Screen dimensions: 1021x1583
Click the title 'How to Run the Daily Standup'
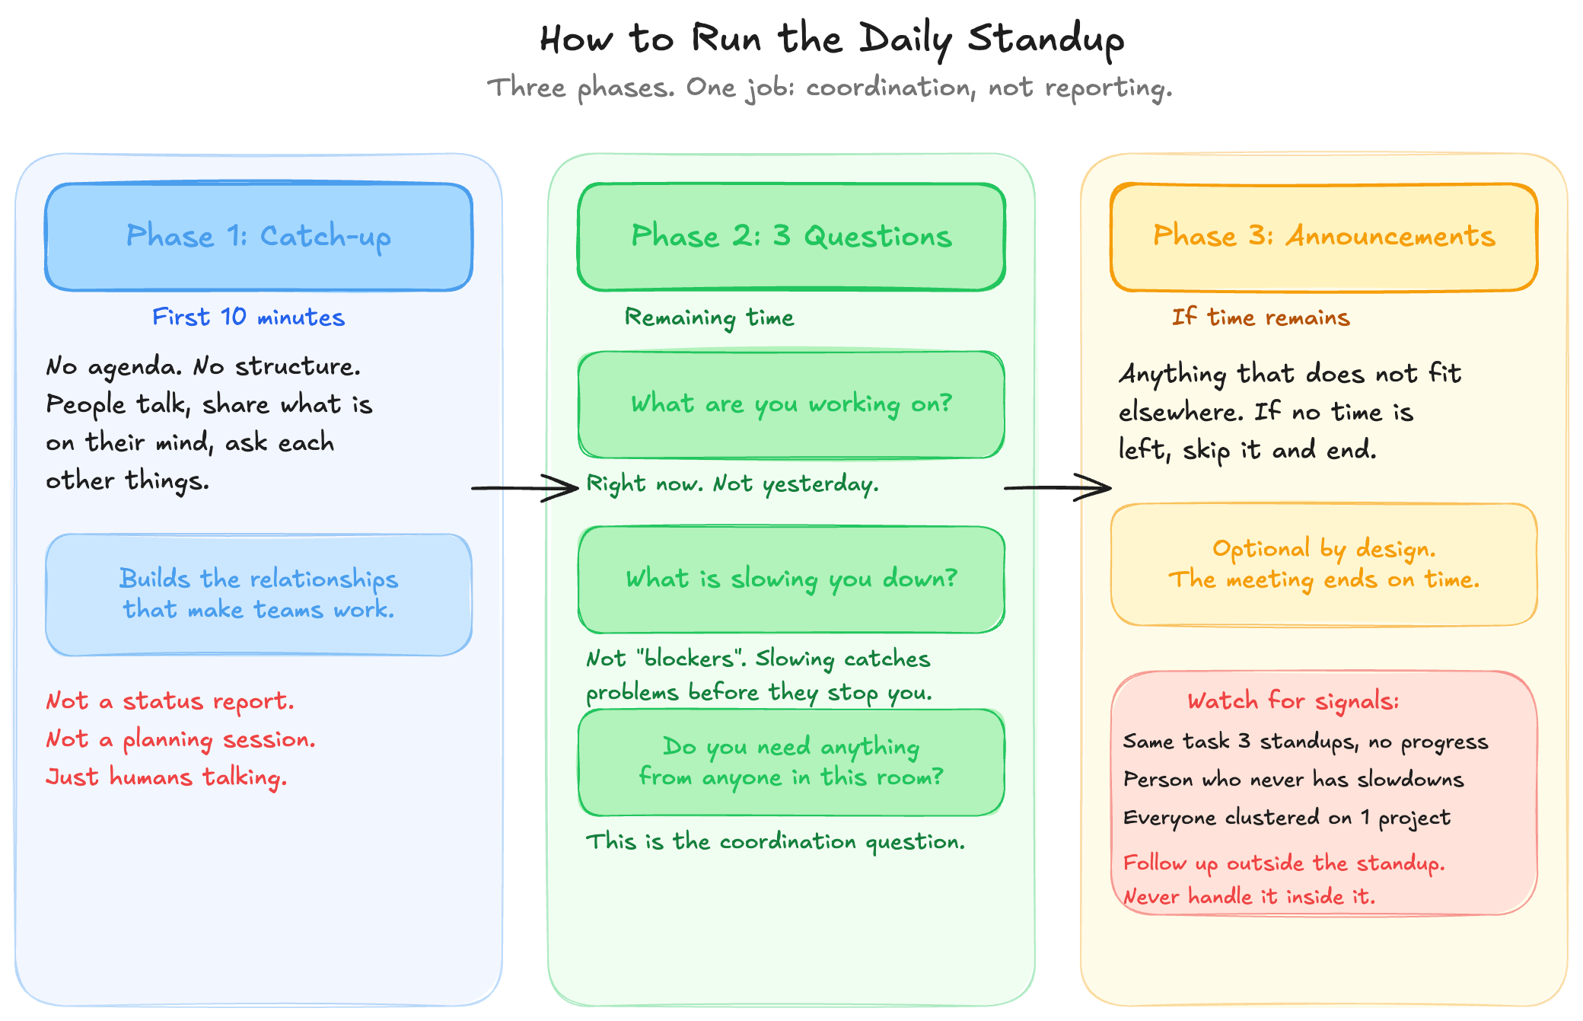(x=831, y=40)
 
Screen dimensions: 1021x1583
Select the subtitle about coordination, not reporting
(x=830, y=88)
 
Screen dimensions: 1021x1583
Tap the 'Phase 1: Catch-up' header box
(x=259, y=237)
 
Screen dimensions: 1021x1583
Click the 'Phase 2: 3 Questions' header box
(x=791, y=237)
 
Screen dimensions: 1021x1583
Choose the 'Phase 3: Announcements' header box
(x=1324, y=237)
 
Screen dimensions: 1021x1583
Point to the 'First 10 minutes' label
(x=248, y=317)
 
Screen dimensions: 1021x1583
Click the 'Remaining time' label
(x=709, y=317)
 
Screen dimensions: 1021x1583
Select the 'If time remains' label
(x=1260, y=317)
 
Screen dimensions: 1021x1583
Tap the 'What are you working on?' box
(x=791, y=404)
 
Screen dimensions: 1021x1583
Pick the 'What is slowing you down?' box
(x=791, y=579)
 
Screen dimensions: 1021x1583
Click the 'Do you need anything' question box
(x=791, y=762)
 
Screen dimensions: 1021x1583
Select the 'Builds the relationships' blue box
(x=259, y=595)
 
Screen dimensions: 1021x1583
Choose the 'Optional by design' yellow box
(x=1324, y=564)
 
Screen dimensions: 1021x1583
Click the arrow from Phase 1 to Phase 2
(x=525, y=487)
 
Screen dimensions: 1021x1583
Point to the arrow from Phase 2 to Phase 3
(x=1058, y=487)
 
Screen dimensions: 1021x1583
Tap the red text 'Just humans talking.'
(x=166, y=777)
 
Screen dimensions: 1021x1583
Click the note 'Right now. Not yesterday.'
(x=732, y=484)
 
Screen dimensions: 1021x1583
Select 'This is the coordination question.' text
(x=775, y=841)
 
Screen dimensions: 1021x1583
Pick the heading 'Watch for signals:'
(x=1293, y=700)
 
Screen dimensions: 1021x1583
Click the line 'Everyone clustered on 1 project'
(x=1286, y=818)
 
